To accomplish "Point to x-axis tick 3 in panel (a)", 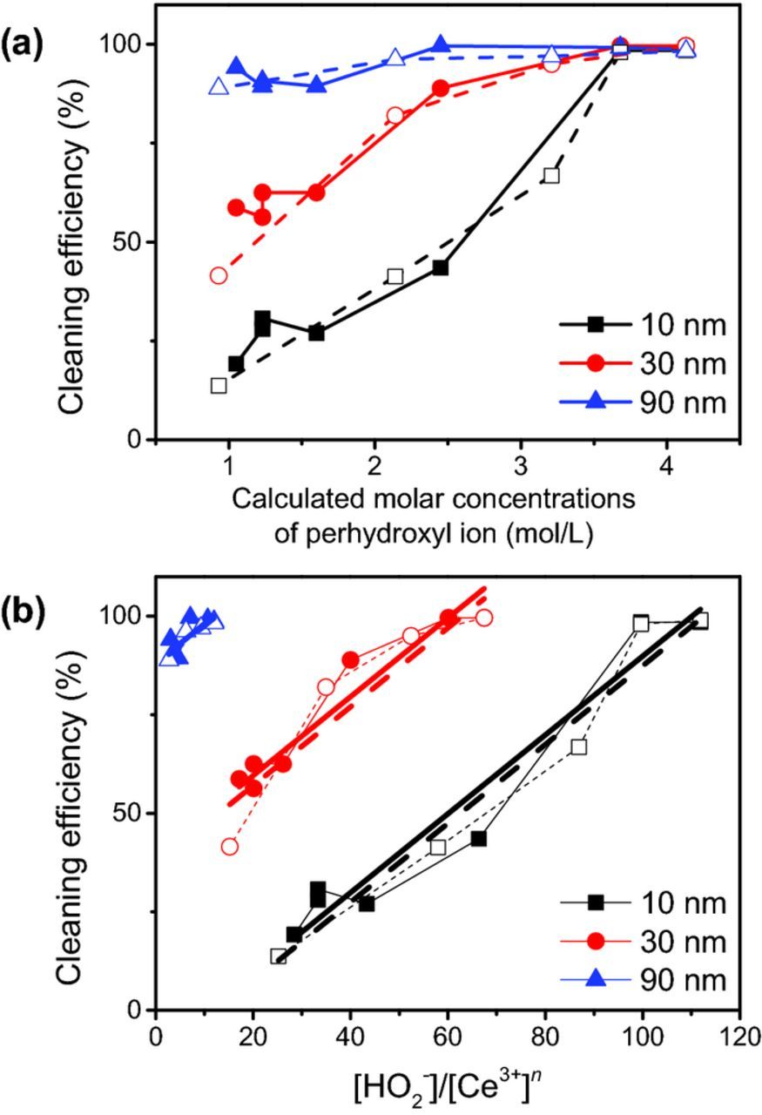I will (521, 463).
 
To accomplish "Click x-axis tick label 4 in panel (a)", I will (667, 463).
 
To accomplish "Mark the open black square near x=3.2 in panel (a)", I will (550, 175).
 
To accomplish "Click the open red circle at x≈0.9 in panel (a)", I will (218, 275).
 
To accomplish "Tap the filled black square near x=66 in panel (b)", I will (478, 838).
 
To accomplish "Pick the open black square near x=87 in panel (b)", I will (579, 747).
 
